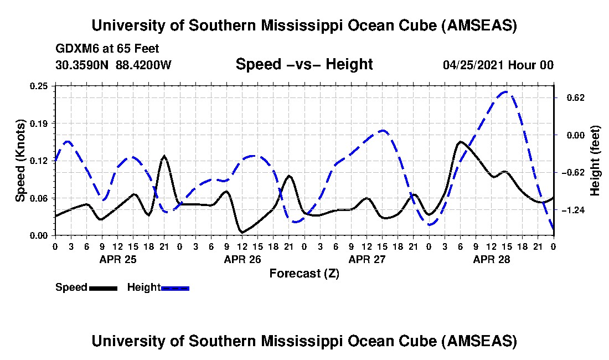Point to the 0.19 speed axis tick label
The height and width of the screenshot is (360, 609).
[42, 123]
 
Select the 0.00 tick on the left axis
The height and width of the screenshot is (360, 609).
[42, 235]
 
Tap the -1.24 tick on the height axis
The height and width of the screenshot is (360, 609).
[570, 210]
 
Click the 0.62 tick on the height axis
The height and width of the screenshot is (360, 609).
[570, 97]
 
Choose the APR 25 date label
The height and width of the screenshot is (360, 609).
[117, 259]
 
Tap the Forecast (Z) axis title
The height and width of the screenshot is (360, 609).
[304, 273]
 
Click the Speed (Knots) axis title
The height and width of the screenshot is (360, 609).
[20, 160]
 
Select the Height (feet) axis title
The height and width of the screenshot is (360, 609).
[596, 161]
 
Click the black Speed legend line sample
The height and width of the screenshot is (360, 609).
[103, 288]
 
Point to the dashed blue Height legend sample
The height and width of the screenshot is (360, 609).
[175, 288]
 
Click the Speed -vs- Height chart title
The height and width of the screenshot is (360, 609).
[304, 64]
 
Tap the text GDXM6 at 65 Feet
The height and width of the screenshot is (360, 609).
[107, 49]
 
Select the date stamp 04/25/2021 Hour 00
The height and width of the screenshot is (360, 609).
[498, 65]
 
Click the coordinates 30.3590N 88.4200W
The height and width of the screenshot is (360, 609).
[113, 65]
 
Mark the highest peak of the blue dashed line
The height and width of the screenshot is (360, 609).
[505, 92]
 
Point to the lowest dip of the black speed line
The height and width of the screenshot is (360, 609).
[242, 232]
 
